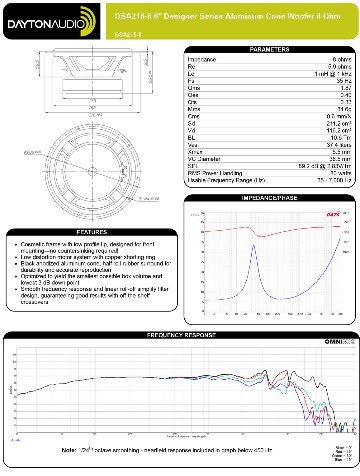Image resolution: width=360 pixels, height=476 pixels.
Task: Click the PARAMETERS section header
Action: coord(269,47)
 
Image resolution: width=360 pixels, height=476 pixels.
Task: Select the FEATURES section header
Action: coord(91,229)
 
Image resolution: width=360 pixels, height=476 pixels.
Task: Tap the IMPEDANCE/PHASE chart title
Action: coord(269,198)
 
